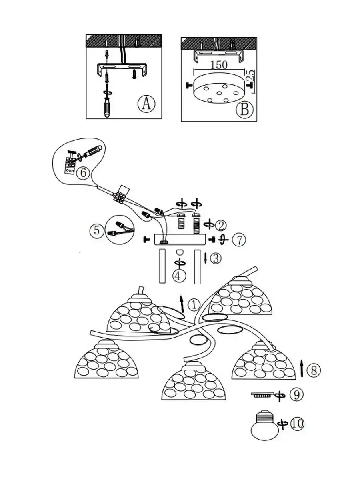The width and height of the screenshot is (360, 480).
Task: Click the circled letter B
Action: [244, 109]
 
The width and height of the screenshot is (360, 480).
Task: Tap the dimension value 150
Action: [218, 65]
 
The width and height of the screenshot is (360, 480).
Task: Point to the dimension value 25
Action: [252, 77]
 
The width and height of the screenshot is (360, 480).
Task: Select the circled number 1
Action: [193, 305]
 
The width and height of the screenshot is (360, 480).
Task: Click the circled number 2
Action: [220, 226]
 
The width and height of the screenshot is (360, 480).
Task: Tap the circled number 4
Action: [180, 275]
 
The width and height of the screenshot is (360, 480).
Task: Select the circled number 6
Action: [82, 173]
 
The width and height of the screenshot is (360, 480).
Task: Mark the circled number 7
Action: [238, 240]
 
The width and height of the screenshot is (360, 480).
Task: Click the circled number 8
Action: [314, 370]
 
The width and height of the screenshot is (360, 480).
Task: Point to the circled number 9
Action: [296, 395]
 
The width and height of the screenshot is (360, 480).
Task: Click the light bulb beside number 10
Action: [264, 426]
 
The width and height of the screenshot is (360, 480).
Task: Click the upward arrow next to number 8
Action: [302, 368]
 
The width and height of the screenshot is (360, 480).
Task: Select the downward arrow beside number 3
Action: [206, 258]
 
